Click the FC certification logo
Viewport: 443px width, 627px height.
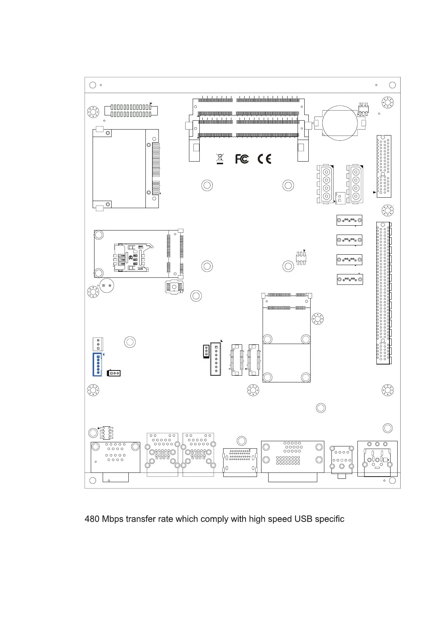tap(242, 159)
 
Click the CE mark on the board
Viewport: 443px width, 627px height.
tap(264, 159)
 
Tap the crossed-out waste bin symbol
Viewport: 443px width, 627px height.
tap(220, 159)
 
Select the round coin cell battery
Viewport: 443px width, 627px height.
tap(340, 123)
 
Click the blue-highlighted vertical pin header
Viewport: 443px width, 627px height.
tap(97, 365)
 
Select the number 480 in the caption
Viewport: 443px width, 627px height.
tap(92, 519)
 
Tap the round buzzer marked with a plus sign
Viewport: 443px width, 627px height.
tap(106, 286)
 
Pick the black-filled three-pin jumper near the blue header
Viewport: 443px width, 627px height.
tap(114, 373)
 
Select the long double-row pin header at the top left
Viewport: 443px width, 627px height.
tap(131, 111)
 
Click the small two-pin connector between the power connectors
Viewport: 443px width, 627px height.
tap(340, 198)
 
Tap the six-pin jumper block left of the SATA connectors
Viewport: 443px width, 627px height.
tap(301, 258)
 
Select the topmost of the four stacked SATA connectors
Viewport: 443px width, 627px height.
tap(349, 220)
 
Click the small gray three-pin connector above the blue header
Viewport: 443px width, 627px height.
tap(98, 344)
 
